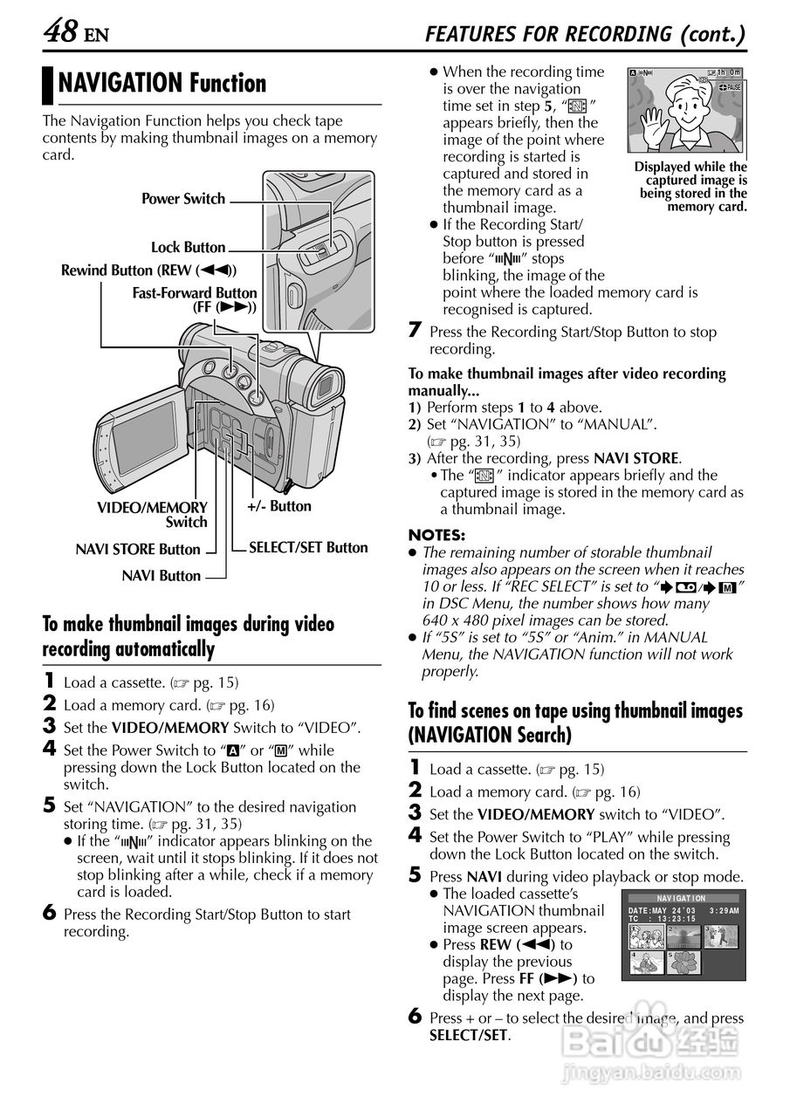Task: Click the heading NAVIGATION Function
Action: click(161, 84)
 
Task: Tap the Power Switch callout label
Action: click(183, 199)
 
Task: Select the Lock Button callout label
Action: click(188, 248)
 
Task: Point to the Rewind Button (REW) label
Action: click(148, 271)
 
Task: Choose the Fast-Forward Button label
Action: click(195, 300)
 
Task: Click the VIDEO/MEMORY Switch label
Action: click(153, 515)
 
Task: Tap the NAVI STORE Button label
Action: click(138, 550)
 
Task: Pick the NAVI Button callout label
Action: click(161, 576)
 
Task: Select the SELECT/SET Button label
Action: click(308, 548)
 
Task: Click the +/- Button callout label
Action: click(278, 506)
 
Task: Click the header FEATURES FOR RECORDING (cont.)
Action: click(585, 34)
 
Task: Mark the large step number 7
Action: click(416, 331)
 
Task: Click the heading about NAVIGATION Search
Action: click(575, 723)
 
